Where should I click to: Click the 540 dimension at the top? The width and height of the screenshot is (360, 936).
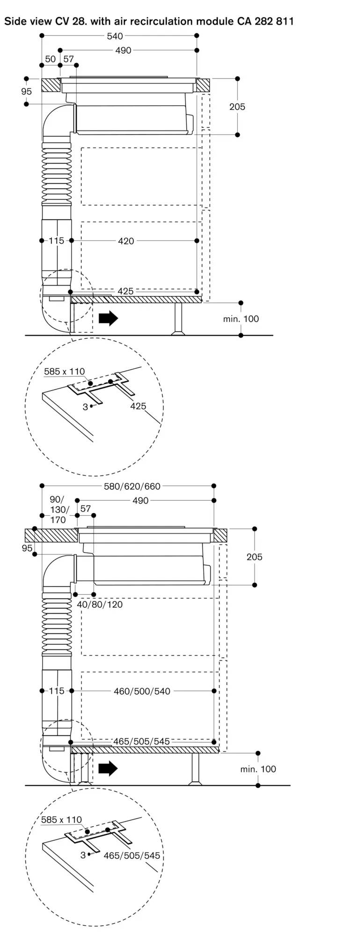pos(115,36)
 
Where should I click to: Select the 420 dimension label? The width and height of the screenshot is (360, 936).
pos(126,241)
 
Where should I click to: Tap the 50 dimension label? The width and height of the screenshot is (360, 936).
pos(51,59)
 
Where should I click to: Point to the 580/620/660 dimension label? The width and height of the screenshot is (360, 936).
pos(132,486)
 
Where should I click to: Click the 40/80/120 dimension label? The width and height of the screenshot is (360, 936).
pos(100,604)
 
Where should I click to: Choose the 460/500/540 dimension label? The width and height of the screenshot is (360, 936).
pos(142,691)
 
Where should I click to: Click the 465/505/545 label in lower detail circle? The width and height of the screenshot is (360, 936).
pos(132,856)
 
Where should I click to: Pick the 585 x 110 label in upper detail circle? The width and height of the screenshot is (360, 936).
pos(65,372)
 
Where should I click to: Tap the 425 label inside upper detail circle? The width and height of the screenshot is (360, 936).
pos(138,406)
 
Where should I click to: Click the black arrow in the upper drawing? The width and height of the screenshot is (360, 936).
pos(109,319)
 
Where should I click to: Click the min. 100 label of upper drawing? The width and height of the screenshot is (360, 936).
pos(241,319)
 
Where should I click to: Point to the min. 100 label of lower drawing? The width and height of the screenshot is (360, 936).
pos(258,769)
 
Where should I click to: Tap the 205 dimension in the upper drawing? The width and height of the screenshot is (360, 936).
pos(237,107)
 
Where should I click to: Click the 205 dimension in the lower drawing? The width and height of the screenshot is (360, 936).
pos(255,557)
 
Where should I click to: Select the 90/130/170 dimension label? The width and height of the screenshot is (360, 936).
pos(59,510)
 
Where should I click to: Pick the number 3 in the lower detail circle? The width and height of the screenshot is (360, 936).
pos(83,855)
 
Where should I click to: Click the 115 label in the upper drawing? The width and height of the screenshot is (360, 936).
pos(57,241)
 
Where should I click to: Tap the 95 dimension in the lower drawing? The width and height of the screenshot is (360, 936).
pos(27,548)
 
